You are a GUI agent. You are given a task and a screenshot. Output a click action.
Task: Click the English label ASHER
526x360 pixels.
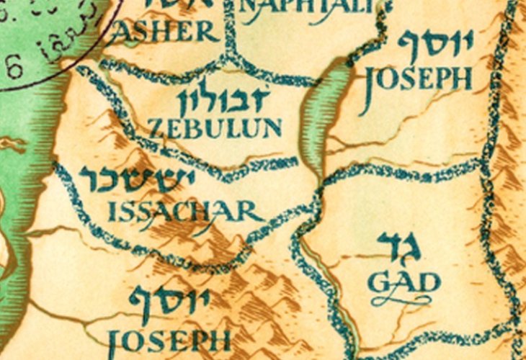coord(164,32)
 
